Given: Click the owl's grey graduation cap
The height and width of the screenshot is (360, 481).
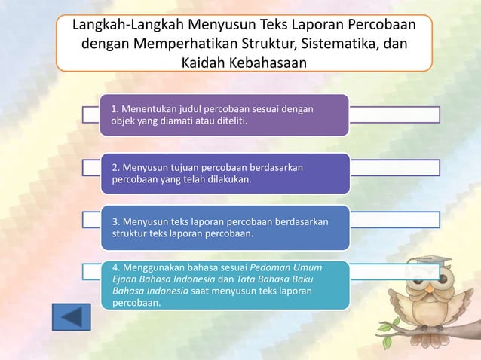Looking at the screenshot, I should point(430,261).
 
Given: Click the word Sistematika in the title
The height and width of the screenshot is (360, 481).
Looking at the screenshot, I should point(333,44).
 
